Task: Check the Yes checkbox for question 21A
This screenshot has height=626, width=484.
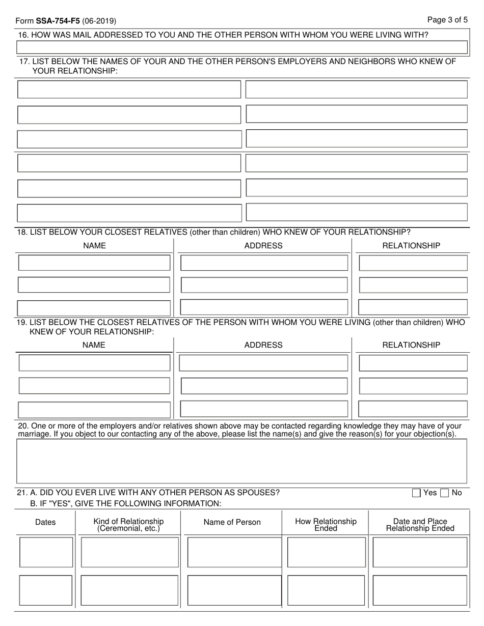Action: click(416, 493)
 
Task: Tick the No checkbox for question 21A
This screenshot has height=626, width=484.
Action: click(444, 493)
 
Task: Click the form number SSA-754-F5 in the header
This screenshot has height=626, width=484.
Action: click(58, 21)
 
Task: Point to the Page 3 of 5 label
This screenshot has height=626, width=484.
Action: click(447, 20)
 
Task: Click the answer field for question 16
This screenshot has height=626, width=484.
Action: click(242, 47)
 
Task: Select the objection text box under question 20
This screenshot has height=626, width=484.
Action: click(242, 461)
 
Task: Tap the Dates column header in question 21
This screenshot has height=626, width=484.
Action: click(45, 522)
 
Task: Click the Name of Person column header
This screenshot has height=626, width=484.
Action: click(232, 522)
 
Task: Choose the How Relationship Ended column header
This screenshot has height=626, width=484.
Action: click(326, 525)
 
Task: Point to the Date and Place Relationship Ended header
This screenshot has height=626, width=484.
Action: click(420, 525)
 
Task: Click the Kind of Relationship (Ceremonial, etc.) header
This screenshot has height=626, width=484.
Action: click(128, 525)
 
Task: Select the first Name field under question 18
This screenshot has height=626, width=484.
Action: click(94, 263)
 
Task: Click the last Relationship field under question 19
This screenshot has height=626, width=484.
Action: click(413, 409)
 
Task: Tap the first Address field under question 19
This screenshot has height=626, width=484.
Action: click(263, 363)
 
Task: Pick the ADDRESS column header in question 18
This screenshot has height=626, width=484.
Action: click(263, 246)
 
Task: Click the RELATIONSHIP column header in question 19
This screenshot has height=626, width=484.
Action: click(411, 345)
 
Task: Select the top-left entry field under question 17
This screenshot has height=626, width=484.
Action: click(129, 89)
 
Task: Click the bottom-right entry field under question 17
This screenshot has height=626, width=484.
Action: click(357, 212)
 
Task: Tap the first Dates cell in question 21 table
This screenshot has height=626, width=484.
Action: click(46, 552)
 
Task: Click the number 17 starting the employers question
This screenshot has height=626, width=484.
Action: click(23, 62)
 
